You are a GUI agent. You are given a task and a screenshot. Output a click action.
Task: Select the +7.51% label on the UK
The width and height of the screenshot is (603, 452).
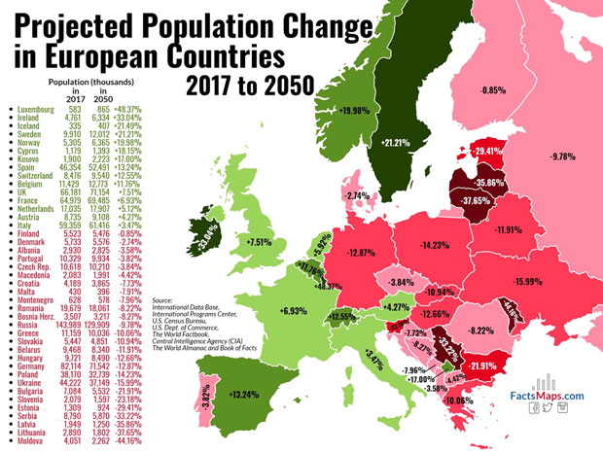click(259, 241)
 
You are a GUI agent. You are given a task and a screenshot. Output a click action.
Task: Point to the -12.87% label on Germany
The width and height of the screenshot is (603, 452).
click(362, 252)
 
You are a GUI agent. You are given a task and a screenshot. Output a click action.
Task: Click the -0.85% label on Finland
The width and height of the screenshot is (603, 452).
click(494, 90)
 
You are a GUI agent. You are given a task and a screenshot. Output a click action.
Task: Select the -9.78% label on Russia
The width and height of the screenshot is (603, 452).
click(563, 156)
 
